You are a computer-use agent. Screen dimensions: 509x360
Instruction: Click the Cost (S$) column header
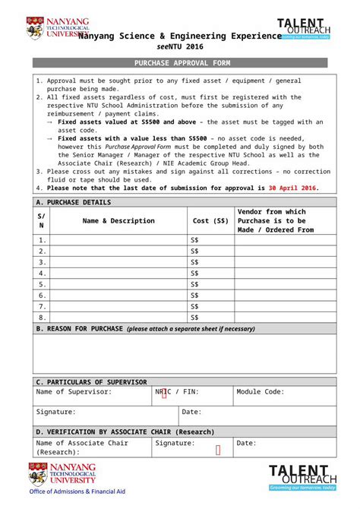click(x=210, y=221)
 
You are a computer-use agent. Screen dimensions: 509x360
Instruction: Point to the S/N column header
click(x=42, y=221)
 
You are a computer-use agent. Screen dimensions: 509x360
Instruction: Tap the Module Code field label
click(x=261, y=392)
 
